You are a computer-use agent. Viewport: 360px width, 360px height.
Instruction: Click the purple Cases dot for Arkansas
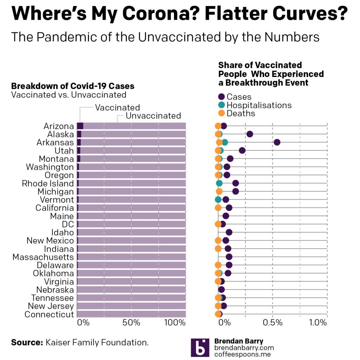click(x=277, y=142)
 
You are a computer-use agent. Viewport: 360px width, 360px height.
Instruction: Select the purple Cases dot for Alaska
click(x=250, y=134)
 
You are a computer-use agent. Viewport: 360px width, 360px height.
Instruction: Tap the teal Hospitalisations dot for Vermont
click(x=218, y=200)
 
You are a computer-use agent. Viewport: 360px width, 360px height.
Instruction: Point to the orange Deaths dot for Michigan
click(x=219, y=191)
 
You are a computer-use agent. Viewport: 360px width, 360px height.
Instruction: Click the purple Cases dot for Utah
click(x=242, y=150)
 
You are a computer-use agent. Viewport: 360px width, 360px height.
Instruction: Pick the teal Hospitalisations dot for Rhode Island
click(x=219, y=183)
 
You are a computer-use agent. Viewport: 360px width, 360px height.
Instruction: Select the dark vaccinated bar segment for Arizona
click(x=80, y=126)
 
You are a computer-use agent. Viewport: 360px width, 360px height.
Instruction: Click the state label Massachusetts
click(x=43, y=257)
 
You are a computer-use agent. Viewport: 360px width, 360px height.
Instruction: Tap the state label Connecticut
click(x=49, y=314)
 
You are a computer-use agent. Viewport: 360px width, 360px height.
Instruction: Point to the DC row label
click(x=68, y=224)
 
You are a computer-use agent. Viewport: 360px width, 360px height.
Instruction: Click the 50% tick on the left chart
click(x=131, y=323)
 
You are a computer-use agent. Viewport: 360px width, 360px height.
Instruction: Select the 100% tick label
click(x=174, y=323)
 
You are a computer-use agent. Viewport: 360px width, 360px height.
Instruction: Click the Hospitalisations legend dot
click(x=221, y=105)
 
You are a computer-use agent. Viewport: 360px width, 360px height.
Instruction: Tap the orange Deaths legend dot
click(x=221, y=113)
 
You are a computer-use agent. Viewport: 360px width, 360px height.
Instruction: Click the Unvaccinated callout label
click(x=153, y=116)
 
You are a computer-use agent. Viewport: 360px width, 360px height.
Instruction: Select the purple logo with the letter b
click(x=200, y=348)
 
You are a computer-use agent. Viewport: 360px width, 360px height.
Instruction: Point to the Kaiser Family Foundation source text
click(x=97, y=342)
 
